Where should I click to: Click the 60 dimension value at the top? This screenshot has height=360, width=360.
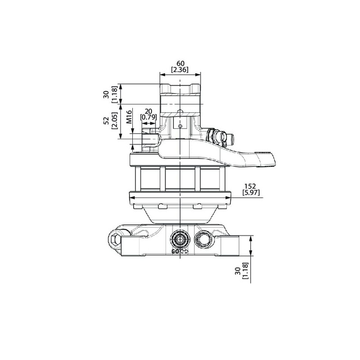tap(180, 63)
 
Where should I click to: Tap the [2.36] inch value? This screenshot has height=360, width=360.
tap(180, 69)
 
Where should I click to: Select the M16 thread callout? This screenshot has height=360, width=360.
tap(129, 117)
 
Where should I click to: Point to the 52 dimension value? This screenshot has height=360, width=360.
tap(106, 121)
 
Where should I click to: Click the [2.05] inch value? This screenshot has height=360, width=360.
tap(114, 121)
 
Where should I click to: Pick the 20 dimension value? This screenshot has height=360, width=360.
tap(148, 112)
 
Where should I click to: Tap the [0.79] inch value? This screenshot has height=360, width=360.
tap(148, 117)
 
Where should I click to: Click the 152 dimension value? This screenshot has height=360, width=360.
tap(250, 186)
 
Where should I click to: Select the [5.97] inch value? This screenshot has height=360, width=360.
tap(251, 193)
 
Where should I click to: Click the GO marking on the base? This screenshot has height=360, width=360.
tap(175, 252)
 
